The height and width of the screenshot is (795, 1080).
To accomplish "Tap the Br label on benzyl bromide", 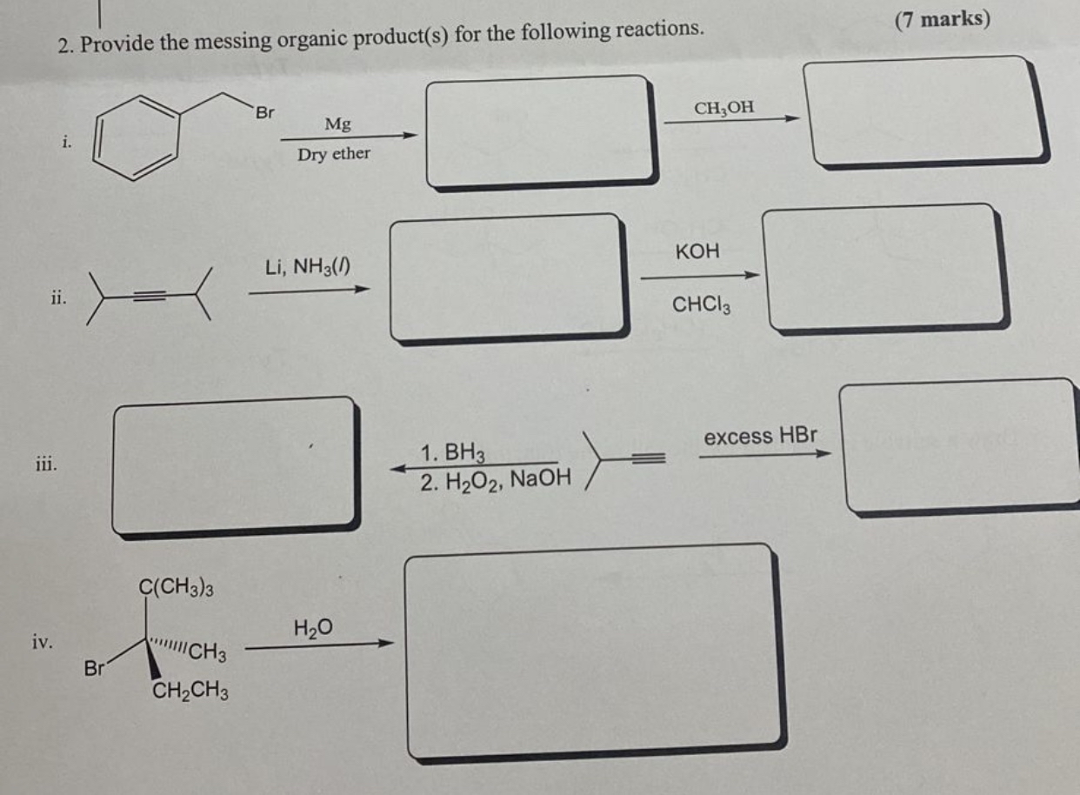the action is tap(264, 111).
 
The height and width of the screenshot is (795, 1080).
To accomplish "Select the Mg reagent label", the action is tap(337, 124).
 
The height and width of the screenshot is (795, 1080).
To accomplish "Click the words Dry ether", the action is tap(334, 154).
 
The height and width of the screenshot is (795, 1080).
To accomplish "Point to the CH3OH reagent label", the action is tap(724, 108).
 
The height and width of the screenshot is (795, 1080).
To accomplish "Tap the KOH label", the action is tap(697, 251).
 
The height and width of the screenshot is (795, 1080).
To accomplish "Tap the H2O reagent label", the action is tap(314, 628).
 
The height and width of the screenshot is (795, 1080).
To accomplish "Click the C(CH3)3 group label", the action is tap(176, 588).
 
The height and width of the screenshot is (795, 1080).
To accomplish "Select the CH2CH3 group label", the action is tap(190, 692).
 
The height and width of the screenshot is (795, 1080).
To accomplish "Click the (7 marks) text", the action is tap(942, 19).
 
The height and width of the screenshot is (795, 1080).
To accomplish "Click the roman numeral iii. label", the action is tap(47, 464).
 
